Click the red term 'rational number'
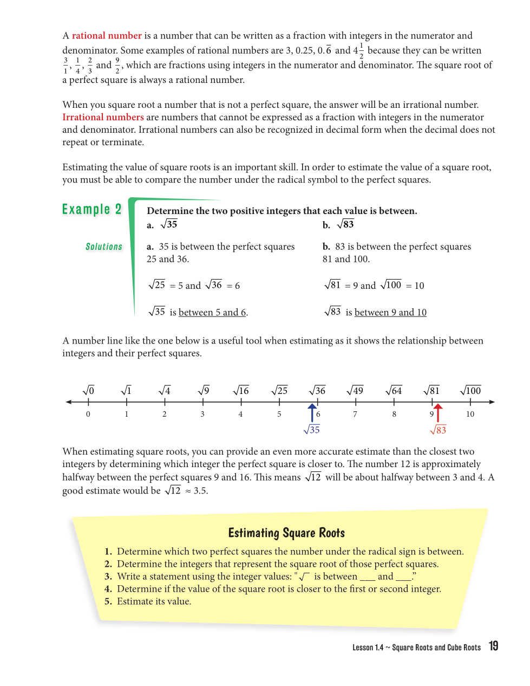107,36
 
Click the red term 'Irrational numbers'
103,117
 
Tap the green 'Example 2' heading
91,209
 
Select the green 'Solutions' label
104,247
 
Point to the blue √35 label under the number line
312,430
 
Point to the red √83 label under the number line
438,430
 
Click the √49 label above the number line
355,391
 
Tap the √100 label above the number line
470,391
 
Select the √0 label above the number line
88,391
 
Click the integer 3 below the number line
202,414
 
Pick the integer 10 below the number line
470,414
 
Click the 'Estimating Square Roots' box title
286,533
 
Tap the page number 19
493,646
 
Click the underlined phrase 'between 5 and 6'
212,313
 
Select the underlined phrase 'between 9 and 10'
390,313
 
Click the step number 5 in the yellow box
108,601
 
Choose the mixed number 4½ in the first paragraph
358,51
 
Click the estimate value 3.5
201,491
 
